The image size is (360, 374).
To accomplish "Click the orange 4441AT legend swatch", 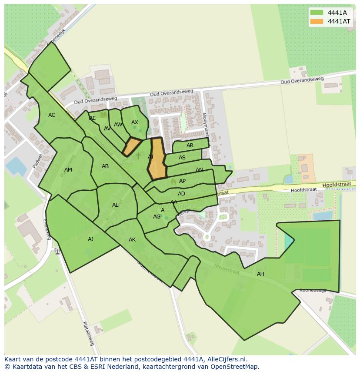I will point(317,21).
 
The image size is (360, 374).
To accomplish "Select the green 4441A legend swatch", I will point(317,13).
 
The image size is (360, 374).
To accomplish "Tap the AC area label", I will point(52,115).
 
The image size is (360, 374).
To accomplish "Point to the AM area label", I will point(68,170).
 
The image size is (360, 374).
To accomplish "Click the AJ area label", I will point(90,239).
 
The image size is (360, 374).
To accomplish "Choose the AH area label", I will point(260,274).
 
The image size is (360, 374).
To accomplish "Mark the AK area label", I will point(132,240).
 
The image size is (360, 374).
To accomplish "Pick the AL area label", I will point(115,205).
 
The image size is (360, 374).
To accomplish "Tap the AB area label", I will point(105,166).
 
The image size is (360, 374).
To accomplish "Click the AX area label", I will point(135,122).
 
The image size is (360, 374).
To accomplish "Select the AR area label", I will point(190,146).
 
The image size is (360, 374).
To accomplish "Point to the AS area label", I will point(182,158).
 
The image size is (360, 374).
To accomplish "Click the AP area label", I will point(182,181).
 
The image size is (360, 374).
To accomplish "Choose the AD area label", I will point(181,194).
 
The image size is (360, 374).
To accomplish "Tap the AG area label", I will point(157,217).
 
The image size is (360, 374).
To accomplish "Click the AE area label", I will point(93,118).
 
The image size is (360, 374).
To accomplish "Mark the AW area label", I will point(118,125).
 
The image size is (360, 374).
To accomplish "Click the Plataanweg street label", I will point(88,333).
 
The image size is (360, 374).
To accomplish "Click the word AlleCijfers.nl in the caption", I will point(226,359).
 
